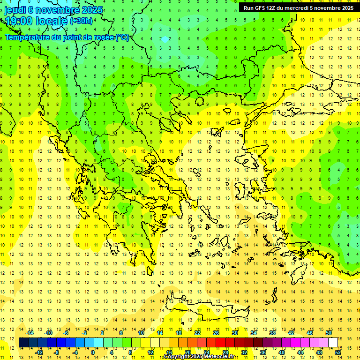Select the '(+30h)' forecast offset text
81,21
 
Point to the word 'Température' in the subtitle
28,37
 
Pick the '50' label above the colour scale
328,333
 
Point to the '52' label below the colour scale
338,352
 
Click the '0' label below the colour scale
93,352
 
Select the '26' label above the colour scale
216,333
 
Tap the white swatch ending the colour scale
333,342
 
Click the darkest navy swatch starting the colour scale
23,342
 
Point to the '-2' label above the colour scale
84,333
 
